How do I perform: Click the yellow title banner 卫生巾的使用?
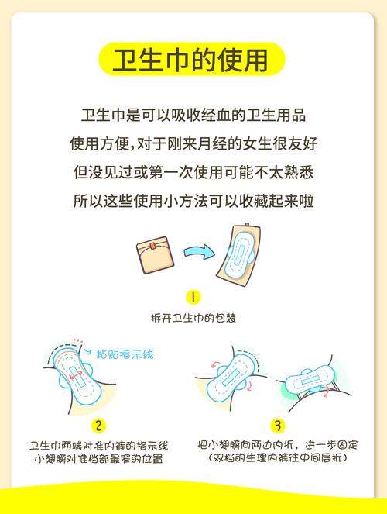[193, 60]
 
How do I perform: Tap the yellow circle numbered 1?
[193, 298]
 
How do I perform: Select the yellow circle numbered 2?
[98, 426]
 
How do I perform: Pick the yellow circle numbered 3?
[278, 426]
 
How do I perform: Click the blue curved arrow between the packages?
[200, 250]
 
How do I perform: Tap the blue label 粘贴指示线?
[127, 354]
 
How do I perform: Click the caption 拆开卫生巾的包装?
[193, 318]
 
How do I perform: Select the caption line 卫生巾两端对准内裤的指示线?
[98, 446]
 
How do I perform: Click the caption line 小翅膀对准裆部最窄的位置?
[98, 459]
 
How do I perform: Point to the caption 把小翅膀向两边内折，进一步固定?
[278, 446]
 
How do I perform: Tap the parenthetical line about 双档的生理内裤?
[278, 459]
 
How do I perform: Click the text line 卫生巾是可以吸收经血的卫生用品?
[193, 116]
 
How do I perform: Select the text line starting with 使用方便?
[193, 144]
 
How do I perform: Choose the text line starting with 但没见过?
[193, 172]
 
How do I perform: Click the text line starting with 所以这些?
[193, 201]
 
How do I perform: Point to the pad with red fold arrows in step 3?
[232, 373]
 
